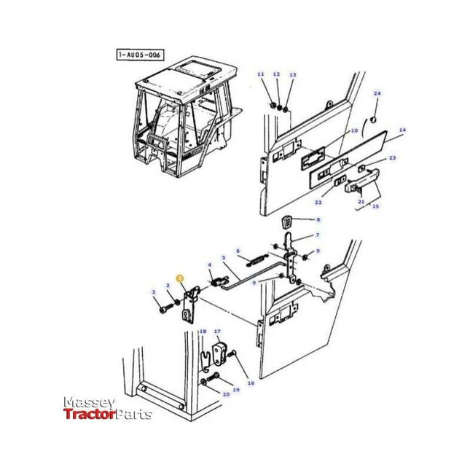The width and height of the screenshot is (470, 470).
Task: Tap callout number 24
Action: pos(377,93)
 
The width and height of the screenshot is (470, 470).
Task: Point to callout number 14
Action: pos(402,130)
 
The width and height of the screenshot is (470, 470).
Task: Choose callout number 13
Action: pos(292,75)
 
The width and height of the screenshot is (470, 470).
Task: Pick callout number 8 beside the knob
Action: pos(317,219)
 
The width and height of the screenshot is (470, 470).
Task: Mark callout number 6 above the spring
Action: pos(237,251)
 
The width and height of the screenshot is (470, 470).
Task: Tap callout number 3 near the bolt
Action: pos(154,292)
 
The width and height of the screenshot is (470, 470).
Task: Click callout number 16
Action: pos(251,382)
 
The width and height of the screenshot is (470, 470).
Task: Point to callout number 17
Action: pos(216,332)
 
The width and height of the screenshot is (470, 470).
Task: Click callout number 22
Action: pos(318,202)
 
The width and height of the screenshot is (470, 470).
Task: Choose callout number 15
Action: pos(375,207)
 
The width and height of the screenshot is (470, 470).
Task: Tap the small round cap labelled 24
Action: pos(371,119)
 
